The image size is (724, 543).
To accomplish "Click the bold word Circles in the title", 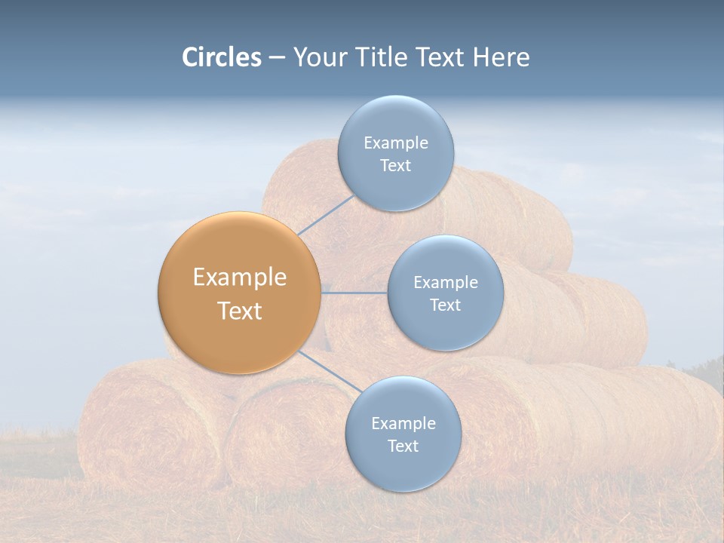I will (x=222, y=57).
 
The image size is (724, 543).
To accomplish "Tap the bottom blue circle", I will (x=403, y=468).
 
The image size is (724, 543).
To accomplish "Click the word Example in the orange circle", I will (x=240, y=278).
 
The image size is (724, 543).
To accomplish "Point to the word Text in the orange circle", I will (x=240, y=311).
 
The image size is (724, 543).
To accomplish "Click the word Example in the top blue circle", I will (x=396, y=143).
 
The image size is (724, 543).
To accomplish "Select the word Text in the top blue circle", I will (x=395, y=166).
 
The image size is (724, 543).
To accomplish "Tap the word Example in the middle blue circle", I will (x=446, y=283).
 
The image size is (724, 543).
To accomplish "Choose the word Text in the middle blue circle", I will (x=445, y=305).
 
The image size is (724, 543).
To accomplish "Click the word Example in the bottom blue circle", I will (x=403, y=424).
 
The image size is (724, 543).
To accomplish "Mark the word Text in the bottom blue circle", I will (x=403, y=446).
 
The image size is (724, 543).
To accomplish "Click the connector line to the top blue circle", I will (x=327, y=215).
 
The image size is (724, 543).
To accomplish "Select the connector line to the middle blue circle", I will (x=354, y=293).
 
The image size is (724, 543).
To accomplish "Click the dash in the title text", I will (x=277, y=57).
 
